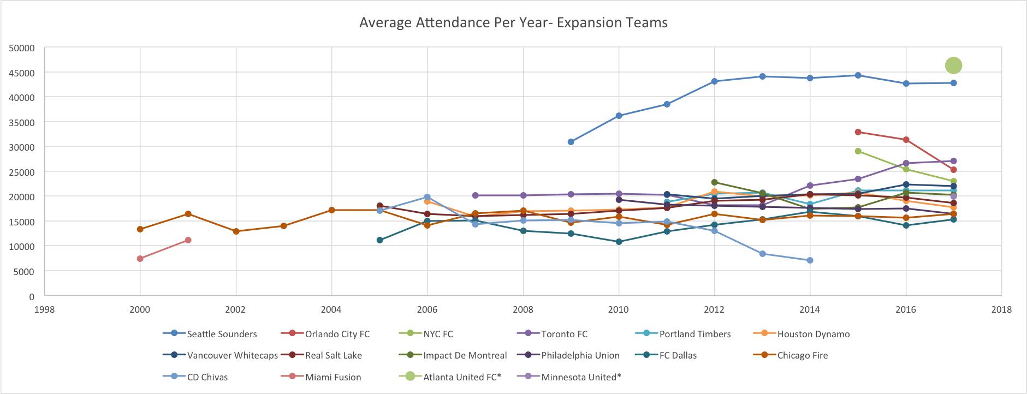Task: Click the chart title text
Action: [x=513, y=23]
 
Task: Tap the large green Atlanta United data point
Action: [x=953, y=65]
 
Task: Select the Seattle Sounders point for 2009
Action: [x=571, y=142]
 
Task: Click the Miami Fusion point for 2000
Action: [x=140, y=259]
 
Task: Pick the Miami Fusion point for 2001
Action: [x=188, y=240]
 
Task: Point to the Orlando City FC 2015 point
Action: [x=858, y=132]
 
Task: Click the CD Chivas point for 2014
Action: [x=810, y=260]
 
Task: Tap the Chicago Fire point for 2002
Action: [x=236, y=231]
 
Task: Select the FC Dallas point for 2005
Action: [x=379, y=240]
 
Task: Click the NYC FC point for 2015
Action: [x=858, y=151]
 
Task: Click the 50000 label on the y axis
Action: [x=22, y=48]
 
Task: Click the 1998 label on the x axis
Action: [x=45, y=309]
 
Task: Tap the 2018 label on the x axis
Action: [x=1001, y=309]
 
